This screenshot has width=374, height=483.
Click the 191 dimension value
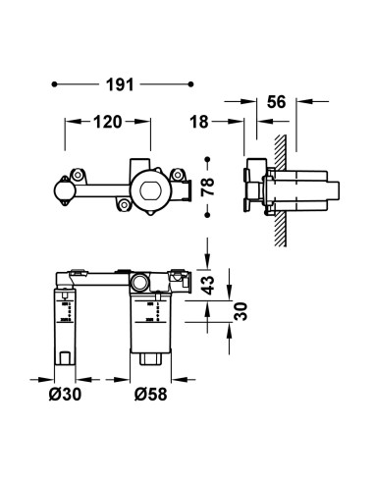120,84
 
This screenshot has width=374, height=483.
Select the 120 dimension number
108,122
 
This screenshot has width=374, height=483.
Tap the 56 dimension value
277,102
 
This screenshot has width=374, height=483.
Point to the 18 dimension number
199,122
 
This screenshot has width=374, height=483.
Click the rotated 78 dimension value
207,187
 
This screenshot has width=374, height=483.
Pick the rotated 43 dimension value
207,285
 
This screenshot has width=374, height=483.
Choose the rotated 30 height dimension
240,311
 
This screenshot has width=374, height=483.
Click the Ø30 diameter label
65,394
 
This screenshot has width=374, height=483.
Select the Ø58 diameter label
150,394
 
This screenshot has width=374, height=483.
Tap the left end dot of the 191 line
54,84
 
